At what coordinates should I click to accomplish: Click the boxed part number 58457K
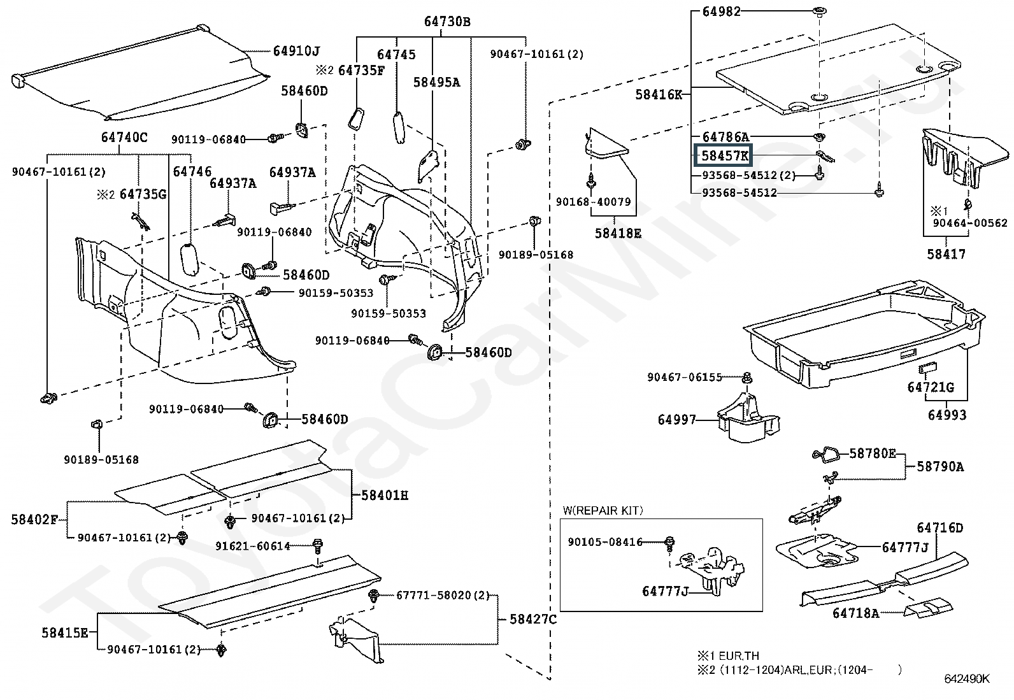(724, 156)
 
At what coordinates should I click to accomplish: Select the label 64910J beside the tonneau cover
(296, 51)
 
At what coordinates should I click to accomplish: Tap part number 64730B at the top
(446, 21)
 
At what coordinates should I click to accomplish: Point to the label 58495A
(436, 82)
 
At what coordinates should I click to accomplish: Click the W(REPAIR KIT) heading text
(603, 510)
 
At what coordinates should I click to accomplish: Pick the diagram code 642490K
(967, 679)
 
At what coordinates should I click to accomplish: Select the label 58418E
(618, 233)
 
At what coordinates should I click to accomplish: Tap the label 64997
(677, 420)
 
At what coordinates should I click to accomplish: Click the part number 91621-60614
(253, 546)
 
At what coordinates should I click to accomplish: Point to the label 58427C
(533, 619)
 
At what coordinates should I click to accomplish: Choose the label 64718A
(855, 613)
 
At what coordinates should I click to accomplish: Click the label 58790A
(940, 466)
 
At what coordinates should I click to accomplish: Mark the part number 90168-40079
(593, 202)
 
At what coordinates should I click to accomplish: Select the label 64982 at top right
(721, 11)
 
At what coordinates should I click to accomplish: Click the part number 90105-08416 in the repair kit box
(605, 542)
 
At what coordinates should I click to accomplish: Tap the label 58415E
(65, 632)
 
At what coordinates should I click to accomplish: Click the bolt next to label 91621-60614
(318, 546)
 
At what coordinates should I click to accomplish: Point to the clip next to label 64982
(819, 11)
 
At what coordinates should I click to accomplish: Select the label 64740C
(124, 137)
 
